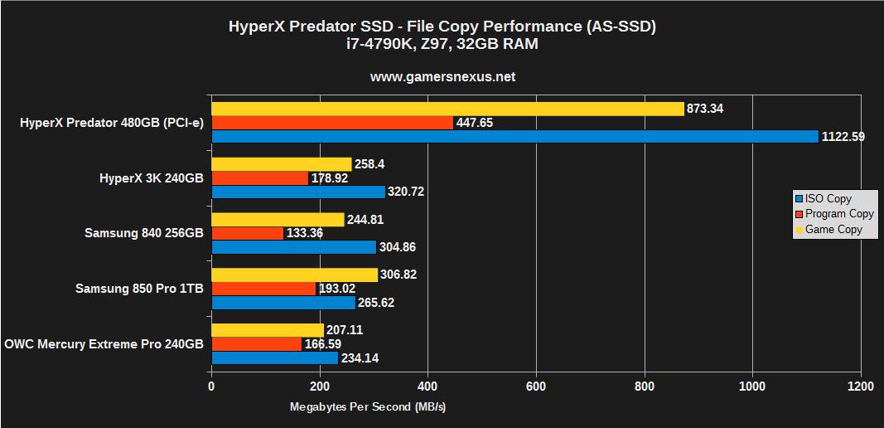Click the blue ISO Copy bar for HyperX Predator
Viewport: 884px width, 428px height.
(x=514, y=137)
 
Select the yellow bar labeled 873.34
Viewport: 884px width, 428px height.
(x=447, y=109)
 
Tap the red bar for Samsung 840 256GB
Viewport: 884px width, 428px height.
(x=247, y=233)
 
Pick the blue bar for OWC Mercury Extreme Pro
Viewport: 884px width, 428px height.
(x=274, y=357)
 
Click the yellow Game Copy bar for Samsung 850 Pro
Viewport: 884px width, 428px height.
(x=294, y=275)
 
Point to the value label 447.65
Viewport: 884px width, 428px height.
(x=475, y=123)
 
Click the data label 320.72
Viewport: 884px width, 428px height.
(x=407, y=192)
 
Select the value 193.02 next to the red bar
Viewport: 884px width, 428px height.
(x=337, y=289)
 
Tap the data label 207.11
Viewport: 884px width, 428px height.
(x=345, y=330)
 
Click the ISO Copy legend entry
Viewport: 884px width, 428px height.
(x=828, y=199)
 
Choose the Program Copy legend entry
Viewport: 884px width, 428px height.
(x=839, y=214)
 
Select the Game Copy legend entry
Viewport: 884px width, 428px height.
(x=833, y=230)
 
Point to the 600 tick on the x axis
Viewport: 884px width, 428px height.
(x=536, y=386)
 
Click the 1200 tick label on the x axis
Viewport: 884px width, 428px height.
(x=860, y=386)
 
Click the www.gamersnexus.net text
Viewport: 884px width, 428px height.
(x=442, y=77)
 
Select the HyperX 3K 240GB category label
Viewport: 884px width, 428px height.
(x=151, y=178)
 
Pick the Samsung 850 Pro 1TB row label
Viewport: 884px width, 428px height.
(x=139, y=289)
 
